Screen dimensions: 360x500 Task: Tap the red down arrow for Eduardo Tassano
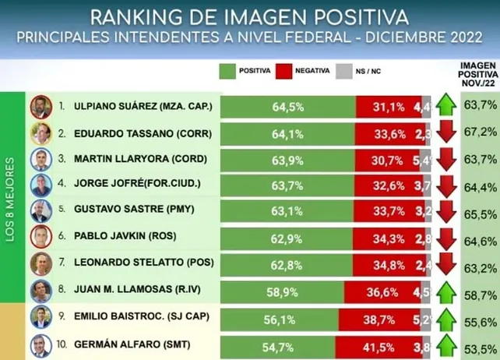pos(446,132)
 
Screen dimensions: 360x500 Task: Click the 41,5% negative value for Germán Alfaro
pos(380,344)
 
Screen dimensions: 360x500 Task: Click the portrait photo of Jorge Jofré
pos(40,185)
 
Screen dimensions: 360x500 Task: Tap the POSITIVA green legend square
pos(227,71)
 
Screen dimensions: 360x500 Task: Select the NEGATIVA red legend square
pos(284,71)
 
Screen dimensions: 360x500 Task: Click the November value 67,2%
pos(480,132)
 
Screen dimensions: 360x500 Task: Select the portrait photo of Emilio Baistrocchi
pos(40,318)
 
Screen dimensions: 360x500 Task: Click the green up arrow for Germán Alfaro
pos(446,344)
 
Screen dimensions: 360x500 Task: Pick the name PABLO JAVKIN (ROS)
pos(135,238)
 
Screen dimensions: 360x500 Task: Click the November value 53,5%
pos(480,344)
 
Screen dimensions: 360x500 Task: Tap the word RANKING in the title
pos(132,16)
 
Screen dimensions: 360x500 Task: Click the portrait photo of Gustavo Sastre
pos(40,212)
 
